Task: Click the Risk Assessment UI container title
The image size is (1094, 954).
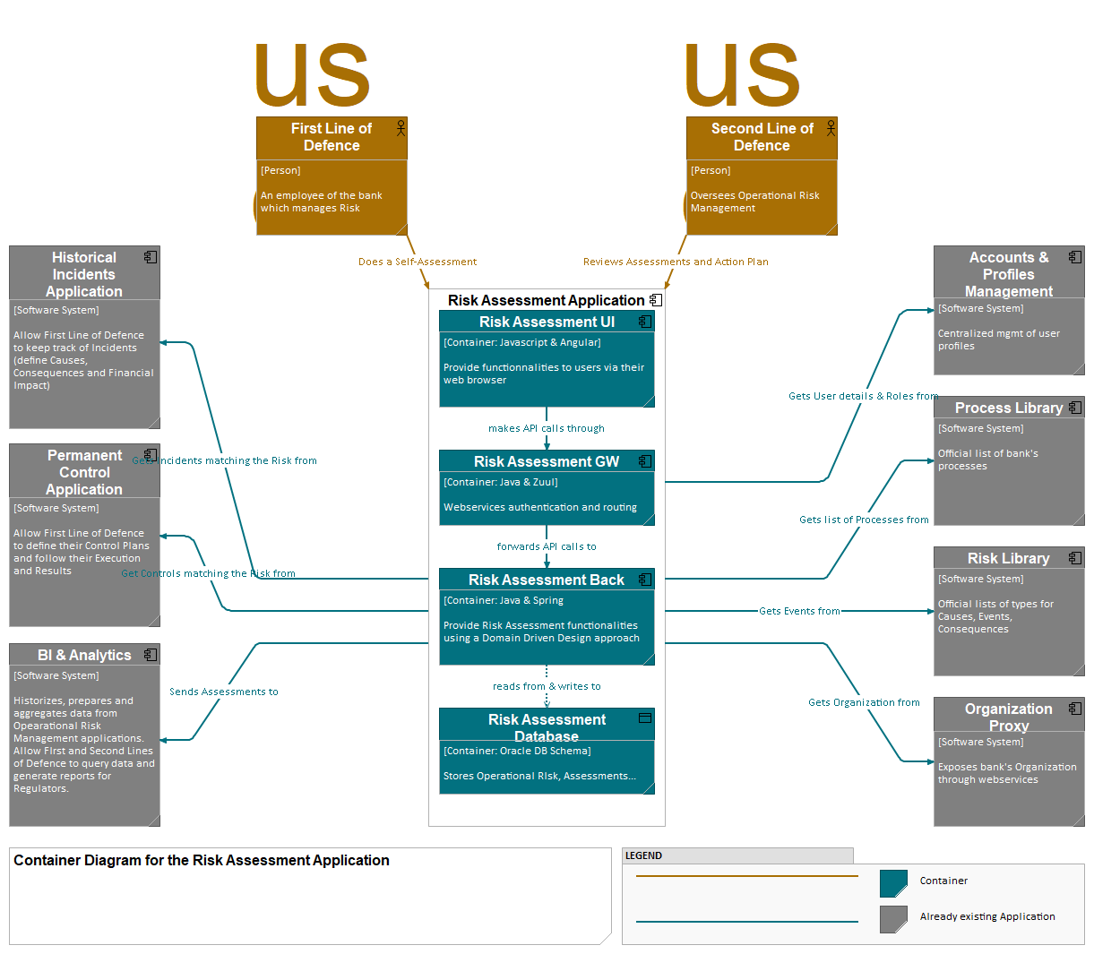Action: (547, 322)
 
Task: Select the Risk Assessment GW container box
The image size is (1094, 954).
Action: (547, 487)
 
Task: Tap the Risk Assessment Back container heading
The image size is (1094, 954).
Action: (546, 580)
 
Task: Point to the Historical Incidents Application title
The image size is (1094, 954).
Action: (84, 274)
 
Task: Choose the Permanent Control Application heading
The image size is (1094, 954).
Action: (84, 472)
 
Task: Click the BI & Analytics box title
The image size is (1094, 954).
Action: (84, 655)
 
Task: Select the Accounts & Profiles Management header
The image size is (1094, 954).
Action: (1008, 274)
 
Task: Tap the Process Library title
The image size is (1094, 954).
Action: (1008, 408)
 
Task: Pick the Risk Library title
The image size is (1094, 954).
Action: (1008, 558)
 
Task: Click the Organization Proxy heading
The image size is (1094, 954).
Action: (1008, 717)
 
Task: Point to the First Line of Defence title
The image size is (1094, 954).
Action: (332, 137)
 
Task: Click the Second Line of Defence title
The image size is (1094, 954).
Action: (762, 137)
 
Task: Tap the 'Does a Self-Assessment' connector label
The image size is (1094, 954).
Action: (418, 262)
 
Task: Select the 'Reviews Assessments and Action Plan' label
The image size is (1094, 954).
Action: (676, 262)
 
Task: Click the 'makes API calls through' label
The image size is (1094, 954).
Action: (547, 428)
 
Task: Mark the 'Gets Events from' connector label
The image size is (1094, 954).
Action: (799, 611)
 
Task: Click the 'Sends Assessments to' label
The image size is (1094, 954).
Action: (224, 692)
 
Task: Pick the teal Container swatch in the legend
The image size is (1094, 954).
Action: (893, 883)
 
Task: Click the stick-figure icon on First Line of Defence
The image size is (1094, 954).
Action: (401, 127)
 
